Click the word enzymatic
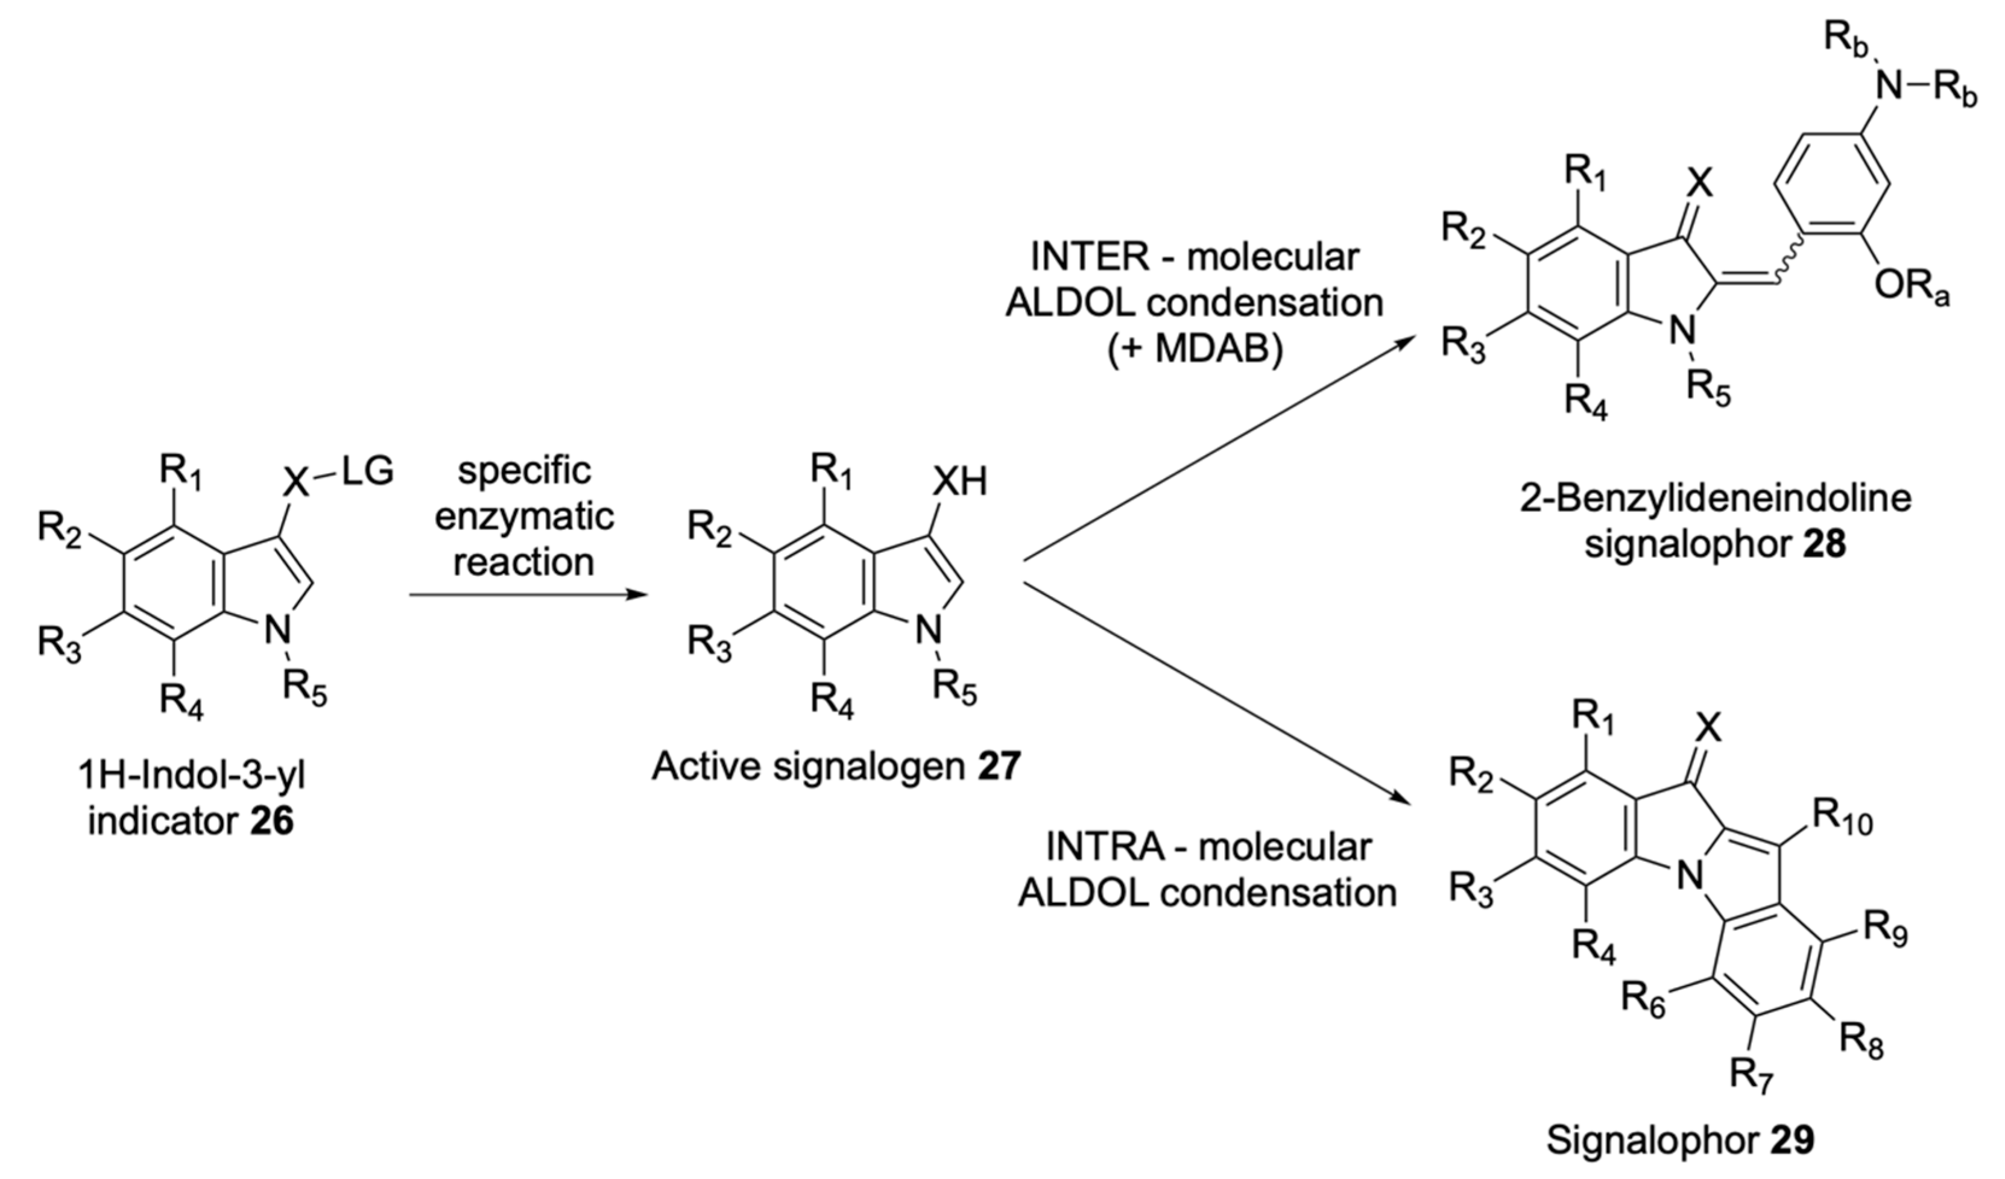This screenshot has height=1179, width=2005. (x=525, y=517)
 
